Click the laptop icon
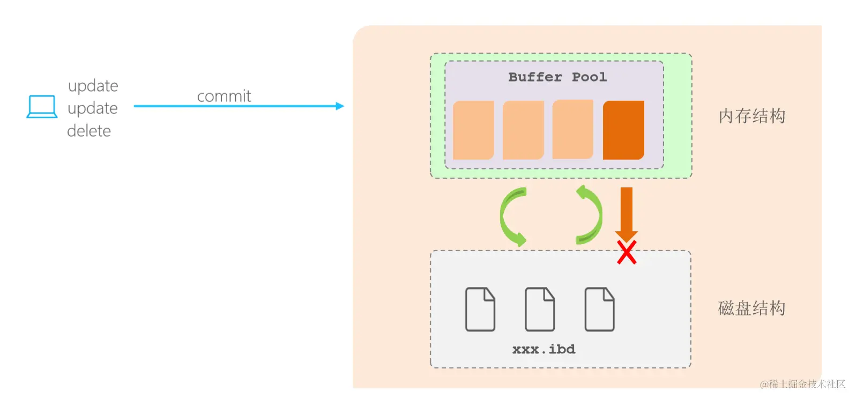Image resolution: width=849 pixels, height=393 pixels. coord(42,107)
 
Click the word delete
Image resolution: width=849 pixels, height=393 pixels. coord(89,131)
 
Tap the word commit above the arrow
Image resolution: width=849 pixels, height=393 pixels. coord(224,96)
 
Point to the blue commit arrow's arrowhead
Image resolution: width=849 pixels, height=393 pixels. coord(340,106)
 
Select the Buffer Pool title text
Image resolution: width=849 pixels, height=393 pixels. coord(557,77)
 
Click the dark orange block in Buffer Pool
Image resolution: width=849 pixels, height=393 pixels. coord(623,130)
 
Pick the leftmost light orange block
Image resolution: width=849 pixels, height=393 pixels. coord(473,130)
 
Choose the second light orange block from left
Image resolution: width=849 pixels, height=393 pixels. coord(523,130)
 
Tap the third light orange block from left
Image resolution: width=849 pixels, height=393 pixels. coord(572,129)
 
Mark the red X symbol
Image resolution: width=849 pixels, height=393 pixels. coord(627,253)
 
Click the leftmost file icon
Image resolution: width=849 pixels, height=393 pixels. coord(480,309)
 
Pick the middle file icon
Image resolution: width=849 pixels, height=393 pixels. coord(540,309)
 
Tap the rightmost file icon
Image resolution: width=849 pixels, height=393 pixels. coord(599,309)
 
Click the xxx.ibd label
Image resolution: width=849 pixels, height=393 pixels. coord(543,350)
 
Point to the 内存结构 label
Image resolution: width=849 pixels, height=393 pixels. coord(751,116)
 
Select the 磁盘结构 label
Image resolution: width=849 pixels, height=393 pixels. coord(751,308)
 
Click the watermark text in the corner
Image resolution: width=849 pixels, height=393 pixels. coord(802,384)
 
